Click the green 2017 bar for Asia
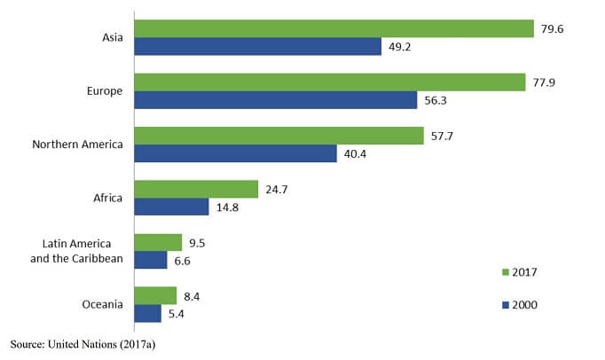click(334, 28)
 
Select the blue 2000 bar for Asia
click(257, 47)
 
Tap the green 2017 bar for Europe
click(329, 82)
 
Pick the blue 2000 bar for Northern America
click(235, 154)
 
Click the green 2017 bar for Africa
click(196, 189)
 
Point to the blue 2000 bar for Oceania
click(147, 314)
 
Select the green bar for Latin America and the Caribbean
click(158, 242)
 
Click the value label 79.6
click(552, 28)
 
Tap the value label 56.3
click(436, 100)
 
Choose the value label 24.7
click(277, 189)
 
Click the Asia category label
click(113, 37)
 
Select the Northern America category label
click(77, 145)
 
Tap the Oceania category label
click(101, 304)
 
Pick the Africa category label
click(108, 198)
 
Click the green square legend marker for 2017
click(505, 271)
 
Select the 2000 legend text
click(524, 304)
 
